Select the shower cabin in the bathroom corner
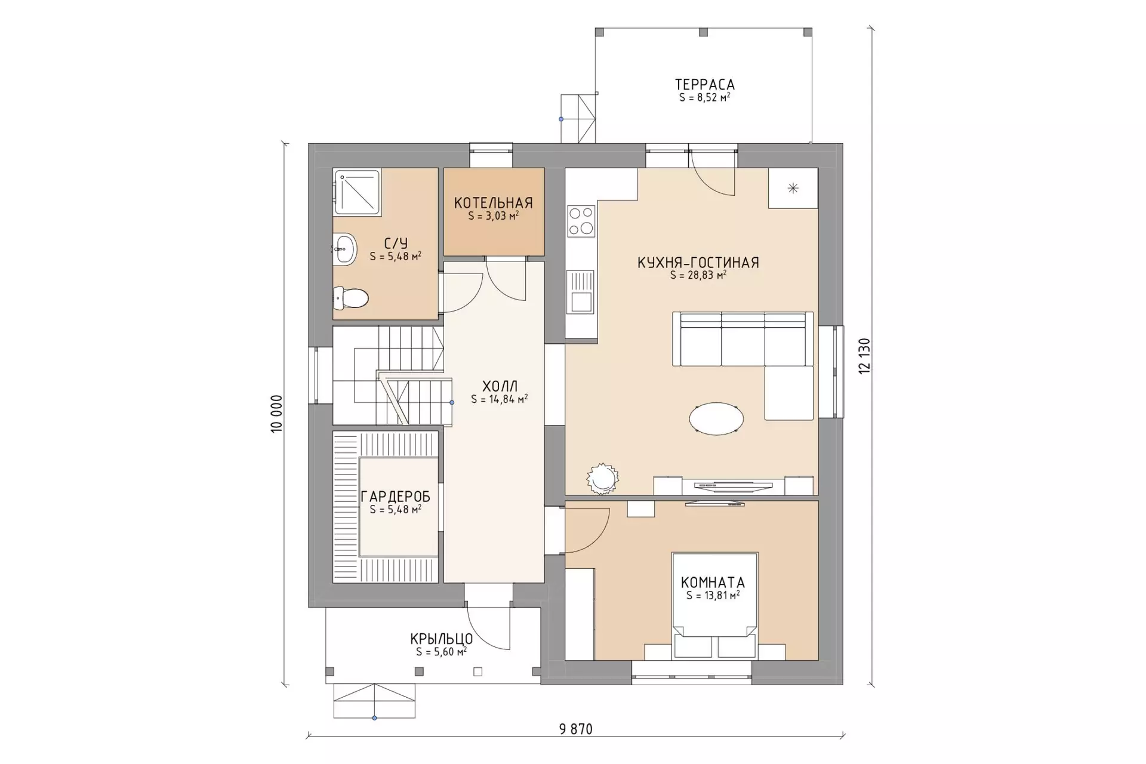[x=357, y=192]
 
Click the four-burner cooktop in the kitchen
[x=581, y=221]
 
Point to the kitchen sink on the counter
[x=581, y=292]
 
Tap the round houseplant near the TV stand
[x=602, y=478]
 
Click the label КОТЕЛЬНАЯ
[x=493, y=203]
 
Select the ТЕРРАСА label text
[x=705, y=85]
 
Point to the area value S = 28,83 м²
[x=698, y=275]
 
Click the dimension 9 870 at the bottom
[x=576, y=729]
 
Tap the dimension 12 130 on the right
[x=865, y=356]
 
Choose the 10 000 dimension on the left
[x=276, y=414]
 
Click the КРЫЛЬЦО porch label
[x=442, y=639]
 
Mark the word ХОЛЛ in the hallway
[x=500, y=386]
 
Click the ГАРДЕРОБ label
[x=395, y=497]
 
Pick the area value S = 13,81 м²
[x=713, y=595]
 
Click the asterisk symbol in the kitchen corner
[x=793, y=189]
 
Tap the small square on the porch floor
[x=478, y=672]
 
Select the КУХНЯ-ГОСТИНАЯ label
[x=698, y=263]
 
